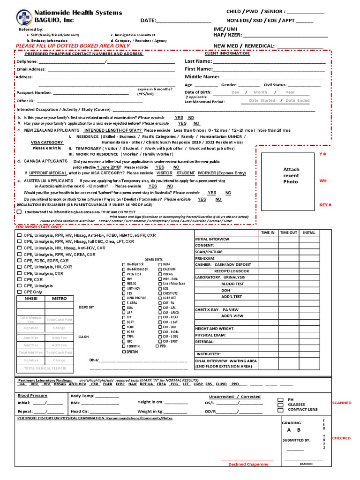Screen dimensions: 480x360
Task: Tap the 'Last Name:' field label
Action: click(198, 61)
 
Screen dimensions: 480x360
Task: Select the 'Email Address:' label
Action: click(31, 69)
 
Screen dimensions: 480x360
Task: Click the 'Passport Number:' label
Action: click(34, 93)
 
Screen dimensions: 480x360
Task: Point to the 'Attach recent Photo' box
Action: click(291, 175)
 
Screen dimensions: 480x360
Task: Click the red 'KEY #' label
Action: click(325, 205)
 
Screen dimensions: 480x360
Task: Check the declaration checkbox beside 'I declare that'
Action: click(19, 211)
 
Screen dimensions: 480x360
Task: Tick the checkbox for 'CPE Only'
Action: click(19, 292)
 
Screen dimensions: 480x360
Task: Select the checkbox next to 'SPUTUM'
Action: click(123, 352)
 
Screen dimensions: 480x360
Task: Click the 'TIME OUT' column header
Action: click(288, 232)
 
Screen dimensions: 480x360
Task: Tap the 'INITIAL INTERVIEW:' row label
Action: click(213, 239)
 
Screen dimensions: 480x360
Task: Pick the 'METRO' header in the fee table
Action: click(60, 299)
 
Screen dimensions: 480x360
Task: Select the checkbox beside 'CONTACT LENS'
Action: click(280, 410)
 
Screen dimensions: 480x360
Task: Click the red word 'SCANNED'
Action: click(341, 403)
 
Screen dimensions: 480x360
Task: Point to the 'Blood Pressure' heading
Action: click(32, 396)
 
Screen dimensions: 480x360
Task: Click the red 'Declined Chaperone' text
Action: click(248, 464)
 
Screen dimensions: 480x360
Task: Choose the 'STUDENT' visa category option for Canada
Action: click(186, 173)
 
